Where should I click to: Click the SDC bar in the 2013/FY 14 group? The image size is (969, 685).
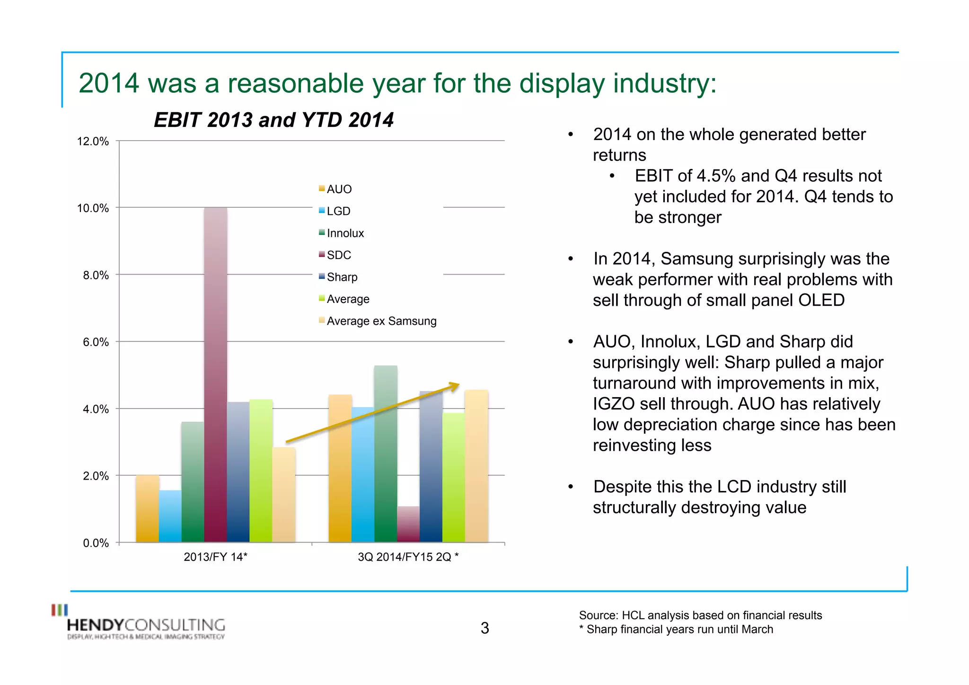[215, 374]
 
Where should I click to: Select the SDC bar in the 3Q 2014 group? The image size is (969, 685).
[408, 524]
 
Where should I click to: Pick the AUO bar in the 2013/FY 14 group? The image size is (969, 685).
[147, 508]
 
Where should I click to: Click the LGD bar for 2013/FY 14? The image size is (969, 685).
[170, 516]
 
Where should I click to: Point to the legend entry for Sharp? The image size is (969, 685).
[342, 277]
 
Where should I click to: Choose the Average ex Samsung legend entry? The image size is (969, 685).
[381, 321]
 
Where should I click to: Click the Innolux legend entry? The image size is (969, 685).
[345, 233]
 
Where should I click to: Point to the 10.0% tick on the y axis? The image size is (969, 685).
[93, 208]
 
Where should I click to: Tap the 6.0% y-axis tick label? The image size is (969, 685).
[96, 342]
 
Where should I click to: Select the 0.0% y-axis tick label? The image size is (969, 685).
[96, 543]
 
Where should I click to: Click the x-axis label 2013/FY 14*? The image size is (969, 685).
[215, 557]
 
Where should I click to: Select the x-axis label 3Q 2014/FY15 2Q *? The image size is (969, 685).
[408, 557]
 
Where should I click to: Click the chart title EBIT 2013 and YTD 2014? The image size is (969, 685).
[273, 120]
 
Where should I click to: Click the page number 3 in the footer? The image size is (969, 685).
[484, 628]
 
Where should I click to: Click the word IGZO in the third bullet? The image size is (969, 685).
[614, 404]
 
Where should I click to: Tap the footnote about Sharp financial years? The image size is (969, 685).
[676, 629]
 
